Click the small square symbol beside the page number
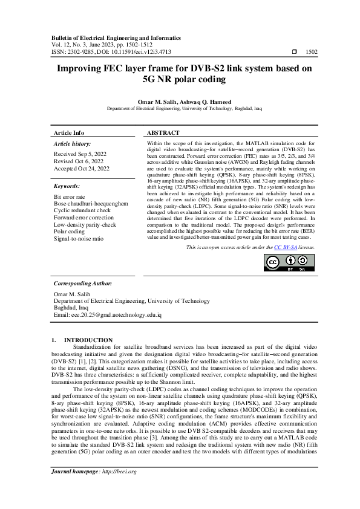click(294, 53)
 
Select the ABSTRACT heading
click(163, 132)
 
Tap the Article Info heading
click(69, 132)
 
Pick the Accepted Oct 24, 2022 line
click(82, 169)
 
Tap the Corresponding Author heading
click(82, 283)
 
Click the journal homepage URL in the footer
click(119, 488)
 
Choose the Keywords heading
click(67, 187)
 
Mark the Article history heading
click(73, 144)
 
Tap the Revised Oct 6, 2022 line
click(79, 161)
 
